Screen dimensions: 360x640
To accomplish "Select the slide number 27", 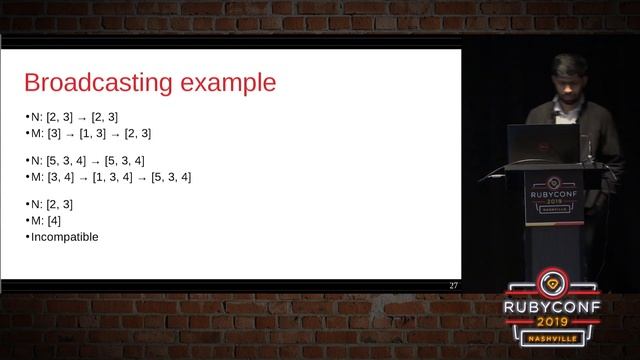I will tap(453, 286).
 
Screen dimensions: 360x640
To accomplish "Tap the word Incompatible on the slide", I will tap(65, 237).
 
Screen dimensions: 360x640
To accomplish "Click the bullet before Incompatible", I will tap(27, 237).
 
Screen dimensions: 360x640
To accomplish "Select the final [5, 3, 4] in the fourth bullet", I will tap(171, 177).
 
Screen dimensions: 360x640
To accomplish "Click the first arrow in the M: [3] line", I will tap(70, 133).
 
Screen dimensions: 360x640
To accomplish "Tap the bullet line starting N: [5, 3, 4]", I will tap(88, 160).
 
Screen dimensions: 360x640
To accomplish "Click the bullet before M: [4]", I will tap(27, 221).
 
